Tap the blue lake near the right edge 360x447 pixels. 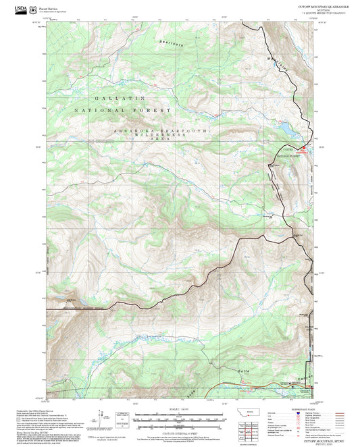click(284, 126)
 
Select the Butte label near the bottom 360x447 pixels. click(245, 371)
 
